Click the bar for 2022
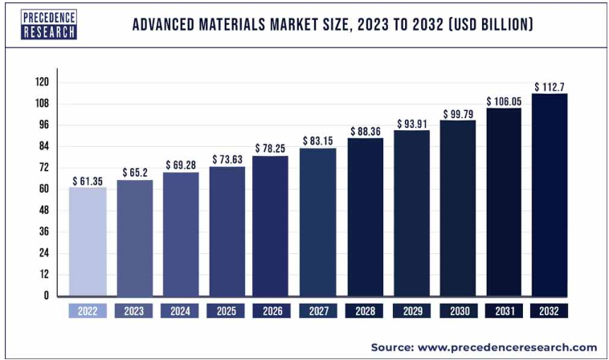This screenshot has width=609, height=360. pyautogui.click(x=87, y=241)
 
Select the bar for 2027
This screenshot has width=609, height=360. pyautogui.click(x=319, y=222)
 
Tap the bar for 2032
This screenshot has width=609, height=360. pyautogui.click(x=550, y=194)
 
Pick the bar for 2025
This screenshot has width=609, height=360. pyautogui.click(x=227, y=231)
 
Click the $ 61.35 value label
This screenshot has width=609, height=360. pyautogui.click(x=87, y=181)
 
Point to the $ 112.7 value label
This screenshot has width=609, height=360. pyautogui.click(x=550, y=87)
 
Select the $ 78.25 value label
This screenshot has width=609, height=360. pyautogui.click(x=272, y=149)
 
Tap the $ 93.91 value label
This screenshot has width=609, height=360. pyautogui.click(x=411, y=124)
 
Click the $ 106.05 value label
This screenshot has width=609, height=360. pyautogui.click(x=504, y=101)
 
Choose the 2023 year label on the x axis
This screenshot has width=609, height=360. pyautogui.click(x=133, y=310)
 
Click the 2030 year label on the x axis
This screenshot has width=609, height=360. pyautogui.click(x=457, y=310)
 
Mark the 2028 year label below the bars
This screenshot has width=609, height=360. pyautogui.click(x=365, y=310)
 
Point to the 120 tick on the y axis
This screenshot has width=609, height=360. pyautogui.click(x=42, y=82)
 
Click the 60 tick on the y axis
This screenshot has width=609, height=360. pyautogui.click(x=44, y=189)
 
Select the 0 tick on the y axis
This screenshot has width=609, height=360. pyautogui.click(x=47, y=295)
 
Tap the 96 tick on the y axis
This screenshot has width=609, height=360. pyautogui.click(x=44, y=125)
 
